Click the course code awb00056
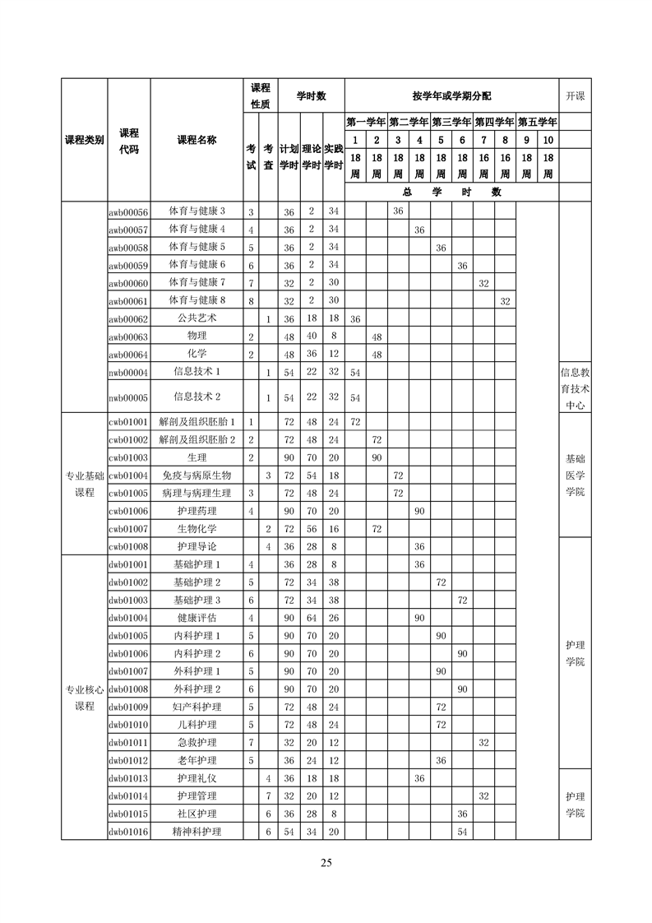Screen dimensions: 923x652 point(128,211)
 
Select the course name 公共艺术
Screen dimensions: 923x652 point(197,318)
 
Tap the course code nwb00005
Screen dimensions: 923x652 point(128,398)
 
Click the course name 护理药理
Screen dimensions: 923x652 point(197,511)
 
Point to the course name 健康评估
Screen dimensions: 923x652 point(197,618)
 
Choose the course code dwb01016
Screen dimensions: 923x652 point(128,832)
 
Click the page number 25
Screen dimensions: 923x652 point(326,863)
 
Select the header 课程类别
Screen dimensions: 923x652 point(85,140)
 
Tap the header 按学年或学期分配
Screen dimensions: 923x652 point(452,96)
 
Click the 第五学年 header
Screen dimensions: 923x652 point(538,122)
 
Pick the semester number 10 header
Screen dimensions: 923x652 point(548,140)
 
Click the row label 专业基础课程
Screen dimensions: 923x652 point(85,484)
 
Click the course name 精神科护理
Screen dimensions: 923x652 point(197,832)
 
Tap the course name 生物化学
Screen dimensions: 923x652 point(197,529)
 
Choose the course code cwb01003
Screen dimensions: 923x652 point(128,457)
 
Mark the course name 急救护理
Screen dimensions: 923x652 point(197,742)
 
